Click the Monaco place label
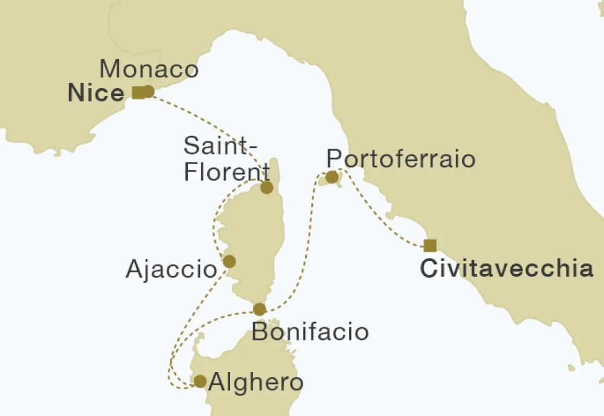coord(149,69)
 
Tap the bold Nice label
coord(96,94)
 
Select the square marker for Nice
coord(138,92)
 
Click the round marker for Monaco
coord(148,91)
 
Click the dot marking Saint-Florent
coord(267,188)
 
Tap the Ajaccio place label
coord(171,269)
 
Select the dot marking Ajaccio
coord(230,261)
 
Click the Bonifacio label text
coord(310,332)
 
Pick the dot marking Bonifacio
coord(259,309)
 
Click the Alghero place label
coord(255,383)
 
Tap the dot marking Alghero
coord(199,381)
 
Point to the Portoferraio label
coord(400,159)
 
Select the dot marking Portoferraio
coord(332,177)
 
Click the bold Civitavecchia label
coord(507,269)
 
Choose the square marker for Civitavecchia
coord(430,245)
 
